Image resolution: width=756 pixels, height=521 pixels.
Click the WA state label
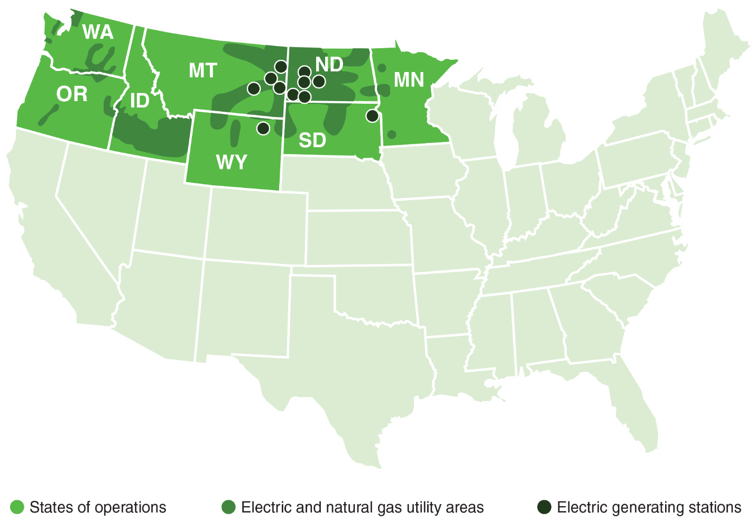click(x=98, y=33)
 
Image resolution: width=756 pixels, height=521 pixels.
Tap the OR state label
click(x=72, y=94)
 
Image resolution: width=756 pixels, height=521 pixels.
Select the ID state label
click(x=140, y=101)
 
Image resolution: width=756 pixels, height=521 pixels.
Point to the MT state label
click(x=202, y=70)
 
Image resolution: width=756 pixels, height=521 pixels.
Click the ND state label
click(x=329, y=65)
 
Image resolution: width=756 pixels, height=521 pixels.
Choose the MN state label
click(x=409, y=80)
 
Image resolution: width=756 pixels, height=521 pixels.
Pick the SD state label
click(x=312, y=140)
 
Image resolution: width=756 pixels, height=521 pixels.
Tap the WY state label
click(x=232, y=162)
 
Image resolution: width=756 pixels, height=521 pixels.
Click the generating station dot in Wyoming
click(x=263, y=128)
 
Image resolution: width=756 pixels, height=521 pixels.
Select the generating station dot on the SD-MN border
click(x=372, y=115)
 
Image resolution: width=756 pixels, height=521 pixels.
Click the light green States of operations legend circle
click(x=17, y=507)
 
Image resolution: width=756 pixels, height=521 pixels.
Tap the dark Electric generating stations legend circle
click(x=544, y=507)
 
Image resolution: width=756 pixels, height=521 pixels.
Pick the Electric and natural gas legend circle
click(x=228, y=507)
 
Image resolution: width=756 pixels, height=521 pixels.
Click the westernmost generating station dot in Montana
click(x=254, y=88)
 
